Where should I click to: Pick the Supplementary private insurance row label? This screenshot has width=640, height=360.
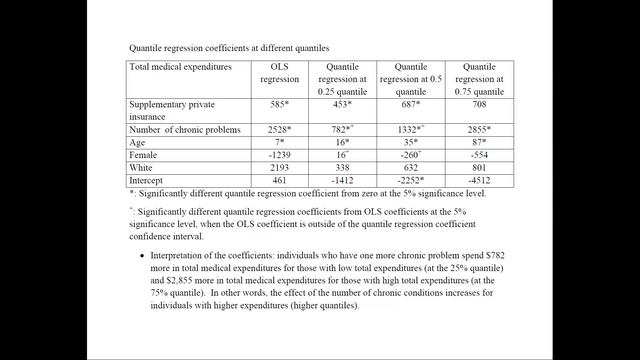point(173,109)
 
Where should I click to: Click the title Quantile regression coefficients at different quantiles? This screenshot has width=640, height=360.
point(229,47)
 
